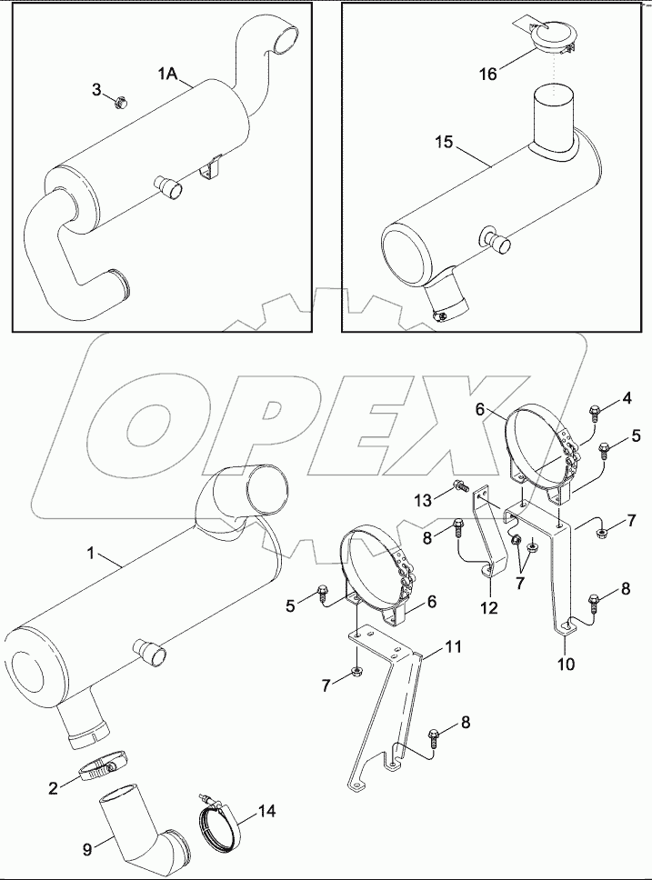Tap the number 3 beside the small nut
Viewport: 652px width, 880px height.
tap(97, 88)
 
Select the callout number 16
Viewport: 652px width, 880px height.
tap(489, 73)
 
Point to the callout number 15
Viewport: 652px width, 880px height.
tap(443, 143)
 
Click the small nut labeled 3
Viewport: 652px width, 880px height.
tap(119, 101)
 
